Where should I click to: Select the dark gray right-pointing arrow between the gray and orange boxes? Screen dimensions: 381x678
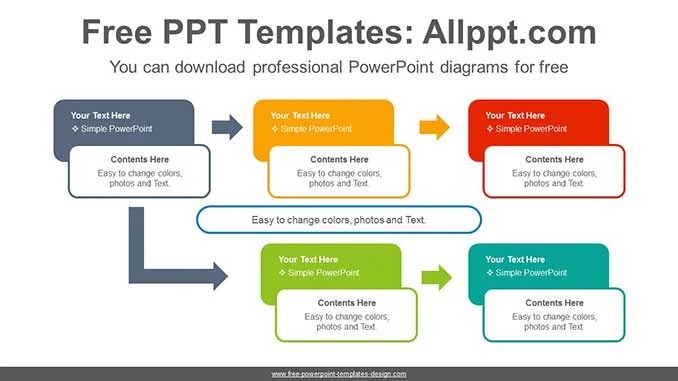coord(227,127)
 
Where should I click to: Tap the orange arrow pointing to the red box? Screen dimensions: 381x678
coord(434,127)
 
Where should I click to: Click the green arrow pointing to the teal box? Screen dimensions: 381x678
coord(436,277)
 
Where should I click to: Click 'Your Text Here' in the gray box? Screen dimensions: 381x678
coord(100,116)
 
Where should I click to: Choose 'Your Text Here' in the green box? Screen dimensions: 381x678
coord(308,260)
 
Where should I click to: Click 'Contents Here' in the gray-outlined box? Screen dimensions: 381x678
coord(139,160)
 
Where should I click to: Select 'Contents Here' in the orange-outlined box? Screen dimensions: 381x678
coord(339,160)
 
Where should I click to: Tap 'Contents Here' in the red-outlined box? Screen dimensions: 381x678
coord(554,160)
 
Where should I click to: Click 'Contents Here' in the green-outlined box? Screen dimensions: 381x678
coord(347,303)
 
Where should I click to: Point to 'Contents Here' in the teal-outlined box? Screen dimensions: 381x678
coord(554,303)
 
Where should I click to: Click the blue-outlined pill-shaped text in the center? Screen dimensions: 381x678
coord(339,219)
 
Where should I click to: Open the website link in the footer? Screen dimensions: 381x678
coord(339,374)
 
